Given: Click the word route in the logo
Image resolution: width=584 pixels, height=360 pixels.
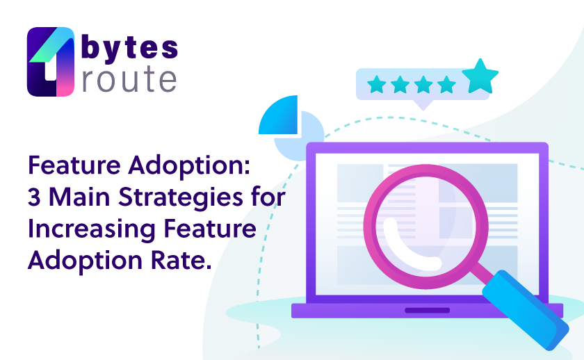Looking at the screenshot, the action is (x=129, y=79).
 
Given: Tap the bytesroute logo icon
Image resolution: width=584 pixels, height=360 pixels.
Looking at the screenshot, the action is (x=51, y=62).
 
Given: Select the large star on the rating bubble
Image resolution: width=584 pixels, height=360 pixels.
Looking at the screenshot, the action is (x=480, y=76).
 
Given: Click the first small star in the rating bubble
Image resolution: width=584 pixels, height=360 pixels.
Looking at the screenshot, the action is (x=377, y=84).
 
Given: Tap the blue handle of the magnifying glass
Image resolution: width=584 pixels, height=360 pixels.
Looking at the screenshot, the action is (x=526, y=310).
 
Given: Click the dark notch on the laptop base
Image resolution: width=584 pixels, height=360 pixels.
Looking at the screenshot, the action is (x=427, y=311).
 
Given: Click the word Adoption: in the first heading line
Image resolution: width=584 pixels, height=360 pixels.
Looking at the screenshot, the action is (x=189, y=165).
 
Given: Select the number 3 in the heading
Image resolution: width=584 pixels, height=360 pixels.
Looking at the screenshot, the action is (x=34, y=197).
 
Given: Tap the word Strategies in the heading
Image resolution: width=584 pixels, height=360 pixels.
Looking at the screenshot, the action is (x=181, y=198).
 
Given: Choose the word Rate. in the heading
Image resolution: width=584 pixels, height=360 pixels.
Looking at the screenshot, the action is (x=181, y=260).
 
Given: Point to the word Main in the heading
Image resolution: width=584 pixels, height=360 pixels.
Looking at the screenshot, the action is (x=79, y=197).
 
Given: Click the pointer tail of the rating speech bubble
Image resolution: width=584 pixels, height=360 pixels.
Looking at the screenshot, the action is (x=423, y=105).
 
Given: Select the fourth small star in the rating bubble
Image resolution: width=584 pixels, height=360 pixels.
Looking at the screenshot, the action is (x=446, y=84).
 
